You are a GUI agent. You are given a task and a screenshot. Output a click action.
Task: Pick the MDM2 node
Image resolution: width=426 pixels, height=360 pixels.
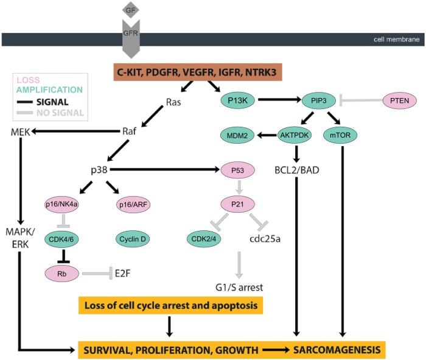235,135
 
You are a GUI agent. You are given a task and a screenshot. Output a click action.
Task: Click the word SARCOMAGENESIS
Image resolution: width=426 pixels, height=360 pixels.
338,350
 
